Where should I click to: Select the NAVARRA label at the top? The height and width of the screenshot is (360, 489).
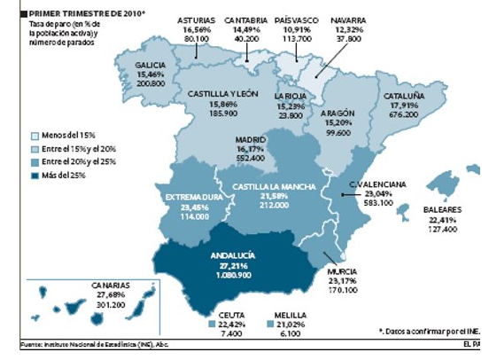click(342, 19)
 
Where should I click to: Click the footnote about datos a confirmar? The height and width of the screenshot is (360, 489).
click(428, 329)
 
